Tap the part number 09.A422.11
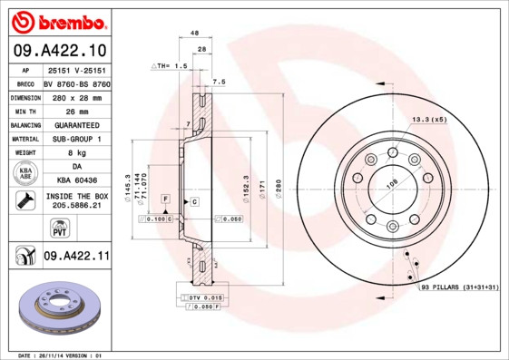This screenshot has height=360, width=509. pos(76,257)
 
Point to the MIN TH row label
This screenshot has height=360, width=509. pos(24,110)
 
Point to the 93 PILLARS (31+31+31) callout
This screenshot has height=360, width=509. pos(459,287)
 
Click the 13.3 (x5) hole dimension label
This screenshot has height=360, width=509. pos(429,119)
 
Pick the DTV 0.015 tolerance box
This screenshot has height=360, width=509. pos(201,297)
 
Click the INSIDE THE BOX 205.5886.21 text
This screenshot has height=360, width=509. pos(76,200)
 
